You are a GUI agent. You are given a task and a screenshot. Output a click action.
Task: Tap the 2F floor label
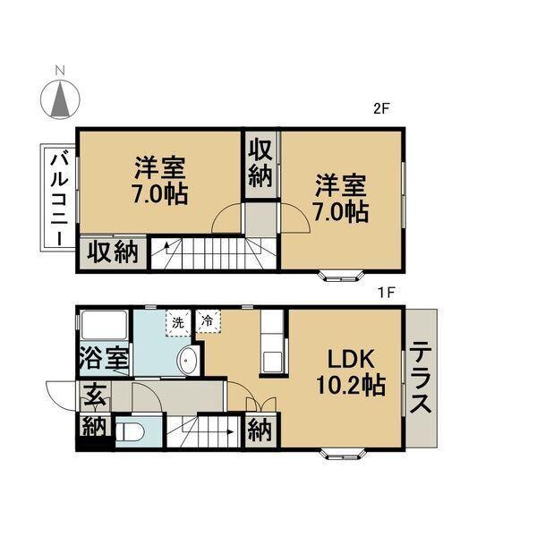383,110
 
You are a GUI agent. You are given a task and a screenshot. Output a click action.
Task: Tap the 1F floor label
385,292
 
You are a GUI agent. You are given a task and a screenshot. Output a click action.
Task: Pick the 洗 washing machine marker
178,321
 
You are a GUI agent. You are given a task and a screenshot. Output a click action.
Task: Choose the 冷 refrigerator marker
208,320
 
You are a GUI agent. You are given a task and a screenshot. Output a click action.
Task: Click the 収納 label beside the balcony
111,251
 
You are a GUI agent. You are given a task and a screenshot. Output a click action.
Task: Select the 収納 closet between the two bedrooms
260,163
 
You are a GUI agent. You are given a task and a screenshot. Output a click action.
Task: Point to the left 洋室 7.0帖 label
161,179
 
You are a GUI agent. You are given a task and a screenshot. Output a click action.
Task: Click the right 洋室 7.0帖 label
340,199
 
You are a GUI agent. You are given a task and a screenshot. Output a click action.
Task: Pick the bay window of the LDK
345,452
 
